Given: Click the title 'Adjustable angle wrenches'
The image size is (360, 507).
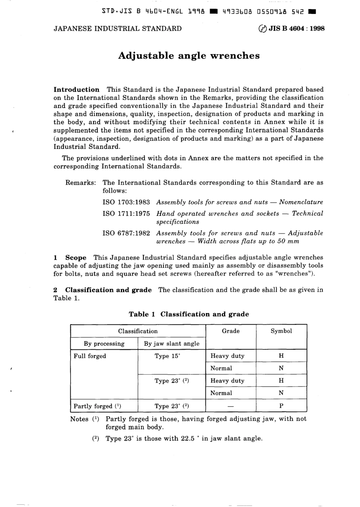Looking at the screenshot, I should click(189, 56).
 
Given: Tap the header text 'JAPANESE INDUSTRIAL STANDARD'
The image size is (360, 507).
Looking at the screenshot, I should click(117, 28).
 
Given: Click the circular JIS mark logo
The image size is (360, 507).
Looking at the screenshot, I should click(261, 28).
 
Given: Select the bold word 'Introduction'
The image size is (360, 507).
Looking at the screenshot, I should click(77, 90).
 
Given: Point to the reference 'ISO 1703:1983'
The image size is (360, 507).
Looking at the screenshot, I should click(126, 202).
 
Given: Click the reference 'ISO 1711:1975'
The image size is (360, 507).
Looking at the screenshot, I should click(126, 214).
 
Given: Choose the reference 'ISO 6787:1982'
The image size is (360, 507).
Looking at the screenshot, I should click(126, 233).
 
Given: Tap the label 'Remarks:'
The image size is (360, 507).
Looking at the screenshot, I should click(81, 183).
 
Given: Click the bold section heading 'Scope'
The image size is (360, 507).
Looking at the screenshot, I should click(76, 258).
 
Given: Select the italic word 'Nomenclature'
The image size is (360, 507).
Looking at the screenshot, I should click(301, 202).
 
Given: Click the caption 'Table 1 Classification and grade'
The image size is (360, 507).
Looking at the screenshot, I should click(189, 314).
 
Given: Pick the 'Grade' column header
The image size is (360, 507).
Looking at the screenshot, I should click(230, 331).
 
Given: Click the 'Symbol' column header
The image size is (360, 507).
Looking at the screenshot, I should click(281, 331).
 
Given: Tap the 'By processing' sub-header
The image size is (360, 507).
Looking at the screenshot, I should click(104, 344).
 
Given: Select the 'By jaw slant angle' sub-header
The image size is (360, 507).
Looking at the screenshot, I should click(172, 344).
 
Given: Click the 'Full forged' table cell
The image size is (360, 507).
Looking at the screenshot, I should click(90, 356).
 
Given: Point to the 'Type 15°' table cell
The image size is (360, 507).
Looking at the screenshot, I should click(167, 356).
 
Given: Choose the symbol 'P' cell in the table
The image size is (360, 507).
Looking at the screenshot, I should click(281, 406).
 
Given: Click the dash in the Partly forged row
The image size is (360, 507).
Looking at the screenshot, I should click(230, 406).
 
